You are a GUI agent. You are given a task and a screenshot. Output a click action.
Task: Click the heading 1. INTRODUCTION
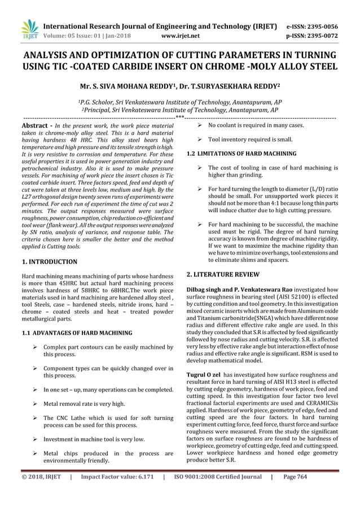tap(49, 262)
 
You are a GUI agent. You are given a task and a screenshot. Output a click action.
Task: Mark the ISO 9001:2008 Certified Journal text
tap(217, 492)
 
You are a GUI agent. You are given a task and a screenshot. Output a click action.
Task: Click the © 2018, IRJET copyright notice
tap(39, 492)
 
